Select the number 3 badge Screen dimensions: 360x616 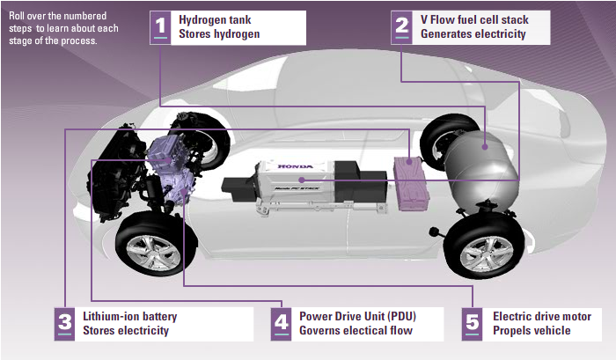(64, 324)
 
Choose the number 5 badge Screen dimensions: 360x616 (473, 324)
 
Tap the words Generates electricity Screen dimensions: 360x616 (473, 34)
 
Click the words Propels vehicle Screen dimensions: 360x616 (532, 331)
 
